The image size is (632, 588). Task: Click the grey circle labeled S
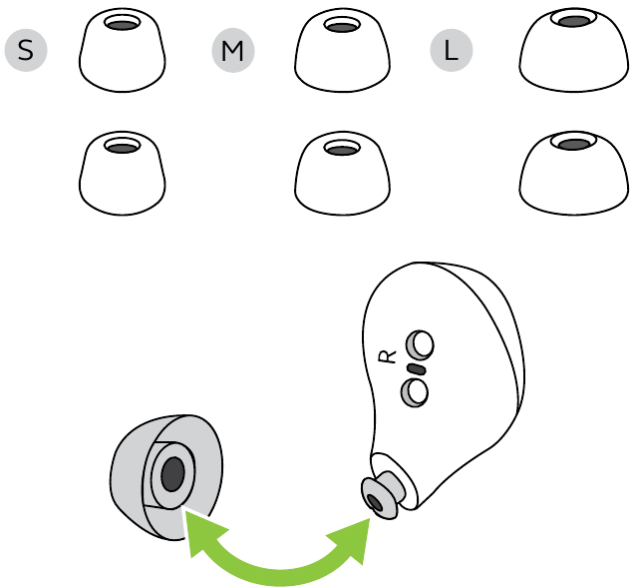pyautogui.click(x=26, y=51)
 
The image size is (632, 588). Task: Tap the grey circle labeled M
pyautogui.click(x=233, y=51)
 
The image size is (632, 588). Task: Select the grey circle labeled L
pyautogui.click(x=451, y=51)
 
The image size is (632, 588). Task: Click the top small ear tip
pyautogui.click(x=123, y=50)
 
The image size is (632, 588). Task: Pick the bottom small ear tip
pyautogui.click(x=123, y=173)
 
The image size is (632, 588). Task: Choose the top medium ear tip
pyautogui.click(x=342, y=50)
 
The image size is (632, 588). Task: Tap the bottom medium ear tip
pyautogui.click(x=342, y=173)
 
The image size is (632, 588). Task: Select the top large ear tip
pyautogui.click(x=574, y=50)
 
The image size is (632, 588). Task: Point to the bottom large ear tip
pyautogui.click(x=574, y=173)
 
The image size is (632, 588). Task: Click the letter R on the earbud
pyautogui.click(x=388, y=356)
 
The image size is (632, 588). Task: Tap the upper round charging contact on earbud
pyautogui.click(x=420, y=345)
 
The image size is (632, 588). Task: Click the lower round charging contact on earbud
pyautogui.click(x=415, y=392)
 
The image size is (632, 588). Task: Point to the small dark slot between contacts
pyautogui.click(x=417, y=368)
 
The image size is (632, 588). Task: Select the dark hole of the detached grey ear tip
pyautogui.click(x=172, y=474)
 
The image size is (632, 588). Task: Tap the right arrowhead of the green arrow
pyautogui.click(x=353, y=539)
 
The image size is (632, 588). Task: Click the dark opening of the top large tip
pyautogui.click(x=574, y=21)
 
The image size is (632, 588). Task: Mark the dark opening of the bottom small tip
pyautogui.click(x=123, y=148)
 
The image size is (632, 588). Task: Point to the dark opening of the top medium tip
pyautogui.click(x=342, y=27)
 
